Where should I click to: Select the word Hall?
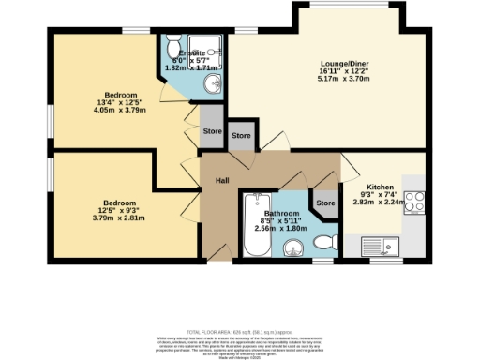pyautogui.click(x=221, y=180)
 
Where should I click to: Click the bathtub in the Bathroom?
pyautogui.click(x=254, y=228)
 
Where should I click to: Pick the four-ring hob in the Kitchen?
pyautogui.click(x=413, y=205)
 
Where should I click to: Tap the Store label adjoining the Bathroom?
pyautogui.click(x=325, y=202)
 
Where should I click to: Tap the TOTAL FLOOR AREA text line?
pyautogui.click(x=239, y=332)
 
